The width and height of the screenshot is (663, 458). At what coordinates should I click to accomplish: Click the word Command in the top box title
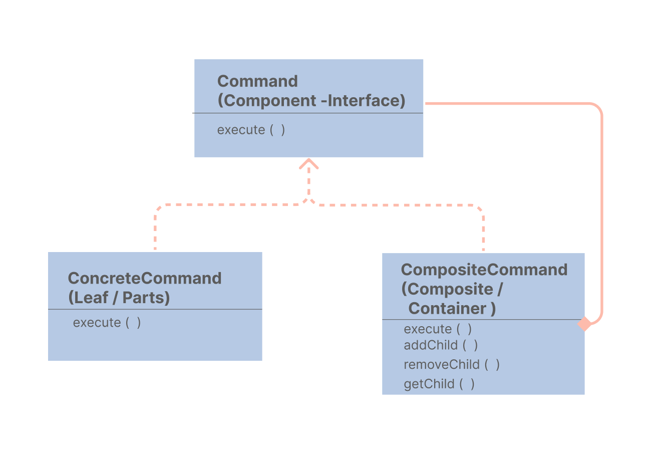tap(257, 81)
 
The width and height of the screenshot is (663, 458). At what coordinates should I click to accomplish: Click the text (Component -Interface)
tap(311, 100)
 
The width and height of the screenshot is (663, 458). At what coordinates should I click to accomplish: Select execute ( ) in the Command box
tap(251, 130)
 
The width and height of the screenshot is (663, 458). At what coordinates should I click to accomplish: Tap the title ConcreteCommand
tap(145, 278)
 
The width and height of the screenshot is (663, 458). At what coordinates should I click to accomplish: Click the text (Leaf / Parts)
tap(119, 298)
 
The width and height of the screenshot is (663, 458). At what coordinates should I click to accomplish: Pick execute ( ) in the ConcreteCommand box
tap(107, 323)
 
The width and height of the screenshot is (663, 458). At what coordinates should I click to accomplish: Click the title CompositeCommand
tap(484, 270)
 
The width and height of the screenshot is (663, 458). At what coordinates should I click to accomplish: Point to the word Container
tap(448, 308)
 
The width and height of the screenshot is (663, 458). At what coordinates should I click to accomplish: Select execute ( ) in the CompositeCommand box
tap(438, 329)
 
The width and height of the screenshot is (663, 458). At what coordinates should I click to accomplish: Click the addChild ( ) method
tap(441, 345)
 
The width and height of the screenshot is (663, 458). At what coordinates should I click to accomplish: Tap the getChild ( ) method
tap(439, 384)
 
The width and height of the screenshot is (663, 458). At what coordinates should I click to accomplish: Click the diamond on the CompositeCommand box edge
tap(584, 324)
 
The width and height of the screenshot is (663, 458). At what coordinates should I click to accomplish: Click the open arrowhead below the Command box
tap(309, 164)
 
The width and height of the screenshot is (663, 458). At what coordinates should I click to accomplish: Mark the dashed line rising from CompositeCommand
tap(483, 231)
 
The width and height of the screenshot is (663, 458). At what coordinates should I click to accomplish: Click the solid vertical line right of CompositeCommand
tap(601, 215)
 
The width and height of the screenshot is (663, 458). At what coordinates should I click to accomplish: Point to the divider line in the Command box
tap(308, 113)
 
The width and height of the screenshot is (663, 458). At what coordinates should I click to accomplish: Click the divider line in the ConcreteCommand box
tap(155, 309)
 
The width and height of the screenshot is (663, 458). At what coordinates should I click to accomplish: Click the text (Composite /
tap(452, 289)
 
